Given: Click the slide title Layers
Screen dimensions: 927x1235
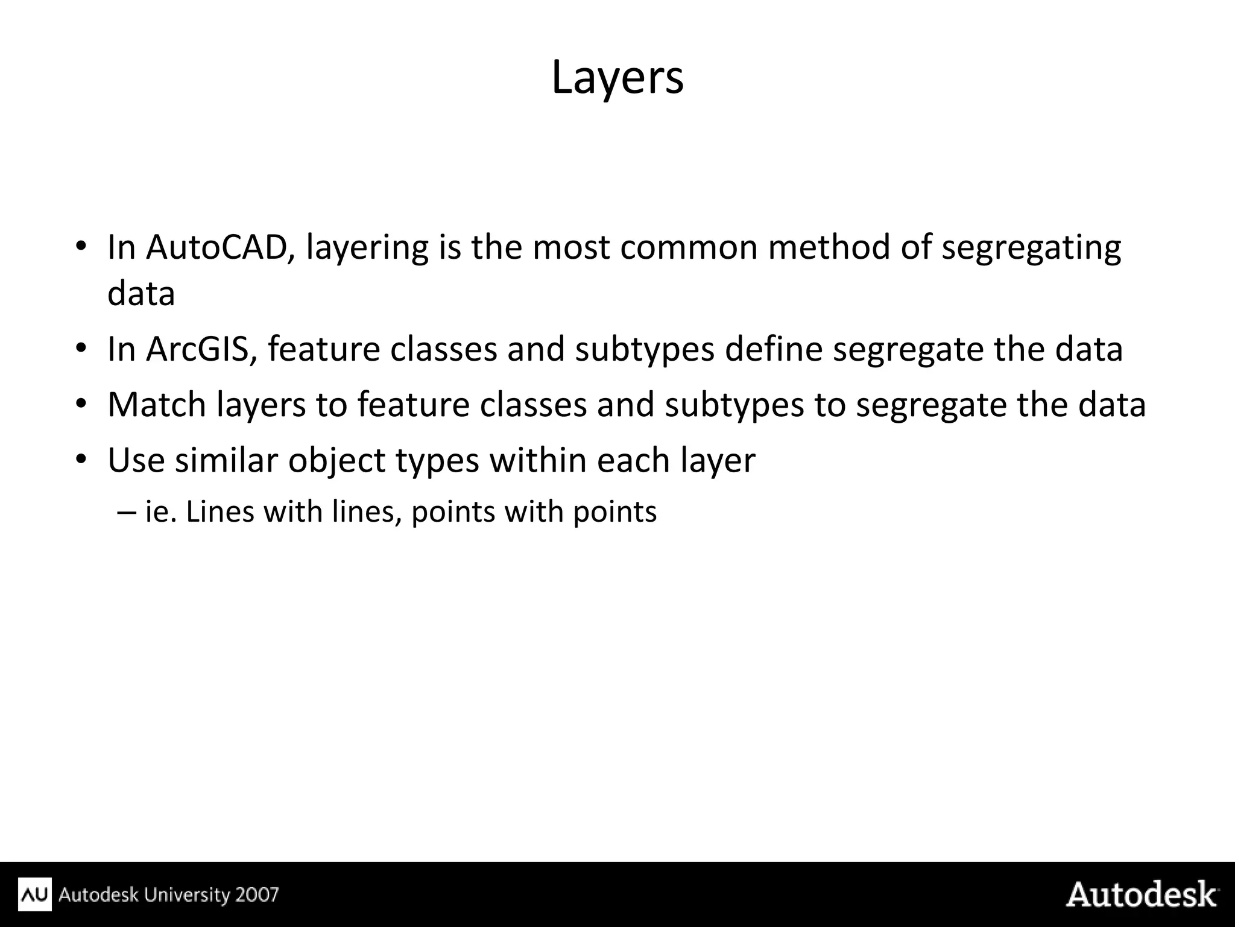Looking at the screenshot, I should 617,77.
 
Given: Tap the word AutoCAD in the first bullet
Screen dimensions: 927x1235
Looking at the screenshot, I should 216,247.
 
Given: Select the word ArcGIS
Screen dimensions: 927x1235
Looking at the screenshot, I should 197,349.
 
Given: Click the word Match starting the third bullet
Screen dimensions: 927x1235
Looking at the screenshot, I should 157,405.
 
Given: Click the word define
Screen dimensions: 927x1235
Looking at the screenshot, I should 773,349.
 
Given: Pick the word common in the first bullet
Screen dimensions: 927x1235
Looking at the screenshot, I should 688,247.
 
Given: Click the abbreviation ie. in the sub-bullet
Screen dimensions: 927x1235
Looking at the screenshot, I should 160,512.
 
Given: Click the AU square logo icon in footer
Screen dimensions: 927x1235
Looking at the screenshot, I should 35,894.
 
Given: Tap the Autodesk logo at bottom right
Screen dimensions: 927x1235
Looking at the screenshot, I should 1142,894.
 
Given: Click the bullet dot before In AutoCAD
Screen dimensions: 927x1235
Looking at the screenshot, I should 82,247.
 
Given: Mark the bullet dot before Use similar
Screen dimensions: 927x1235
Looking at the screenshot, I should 82,460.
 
